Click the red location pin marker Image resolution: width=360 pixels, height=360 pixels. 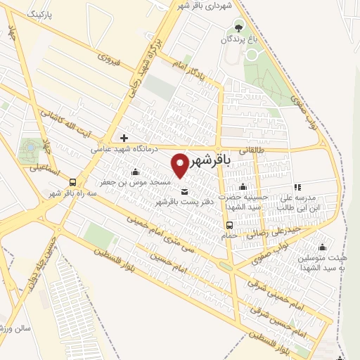(x=180, y=166)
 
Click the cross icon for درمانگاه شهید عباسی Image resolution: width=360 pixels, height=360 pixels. (x=124, y=138)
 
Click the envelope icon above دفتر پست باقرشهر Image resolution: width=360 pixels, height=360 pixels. (x=185, y=192)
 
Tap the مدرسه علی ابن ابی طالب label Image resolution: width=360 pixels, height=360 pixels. (x=302, y=202)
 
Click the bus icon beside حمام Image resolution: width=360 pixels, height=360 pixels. (x=230, y=225)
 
